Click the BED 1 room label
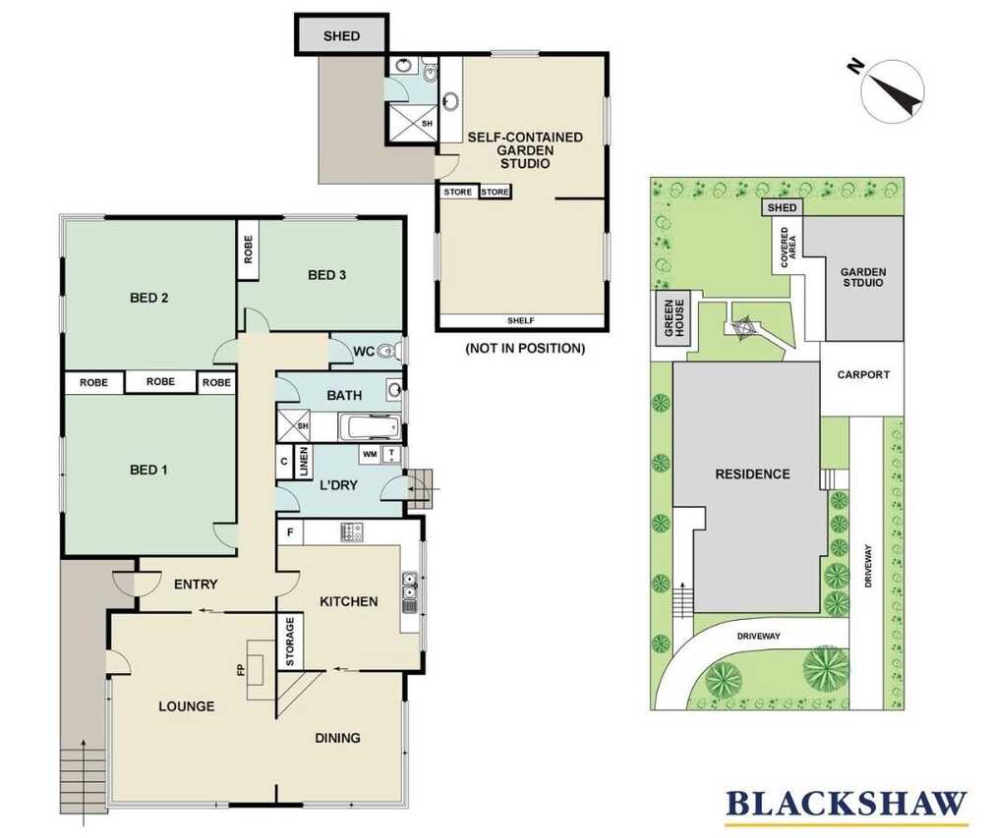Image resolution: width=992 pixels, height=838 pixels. pos(148,470)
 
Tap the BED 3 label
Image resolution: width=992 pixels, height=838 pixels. pos(326,275)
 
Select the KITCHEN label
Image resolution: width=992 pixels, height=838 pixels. pos(349,601)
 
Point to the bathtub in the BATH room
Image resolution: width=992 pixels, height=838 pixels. pos(370,427)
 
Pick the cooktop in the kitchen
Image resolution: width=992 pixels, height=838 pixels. pos(352,532)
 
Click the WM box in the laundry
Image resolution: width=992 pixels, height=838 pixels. pos(370,454)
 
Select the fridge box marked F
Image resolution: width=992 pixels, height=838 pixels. pos(290,532)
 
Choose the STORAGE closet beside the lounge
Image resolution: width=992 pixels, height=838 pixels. pos(290,642)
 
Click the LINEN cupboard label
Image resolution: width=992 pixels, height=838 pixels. pos(303,462)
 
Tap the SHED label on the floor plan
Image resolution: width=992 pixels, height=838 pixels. pos(341,36)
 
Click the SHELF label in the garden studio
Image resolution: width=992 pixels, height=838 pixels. pos(521,320)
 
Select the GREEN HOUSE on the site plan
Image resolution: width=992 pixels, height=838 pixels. pos(672,318)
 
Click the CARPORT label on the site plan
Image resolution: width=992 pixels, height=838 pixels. pos(863,374)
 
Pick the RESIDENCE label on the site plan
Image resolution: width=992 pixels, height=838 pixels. pos(752,474)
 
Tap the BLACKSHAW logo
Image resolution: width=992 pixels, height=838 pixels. pos(846,806)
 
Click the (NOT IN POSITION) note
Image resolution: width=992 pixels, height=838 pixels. pos(525,348)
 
